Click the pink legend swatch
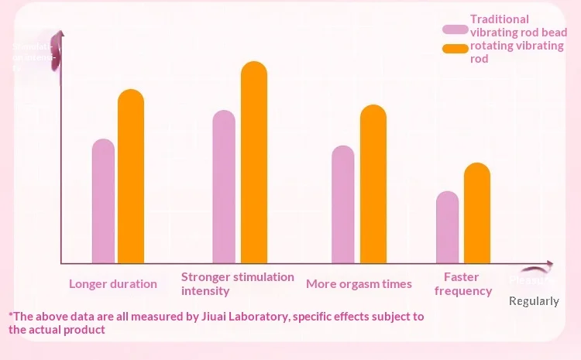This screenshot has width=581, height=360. (x=455, y=29)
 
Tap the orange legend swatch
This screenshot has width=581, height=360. (x=455, y=50)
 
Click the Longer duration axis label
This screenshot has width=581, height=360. (x=113, y=284)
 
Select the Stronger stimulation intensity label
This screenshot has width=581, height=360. (x=237, y=283)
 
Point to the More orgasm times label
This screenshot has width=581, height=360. (x=359, y=284)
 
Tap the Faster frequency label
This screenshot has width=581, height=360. (x=462, y=284)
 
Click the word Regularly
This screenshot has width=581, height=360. (x=534, y=301)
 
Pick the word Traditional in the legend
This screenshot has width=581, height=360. (x=500, y=19)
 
